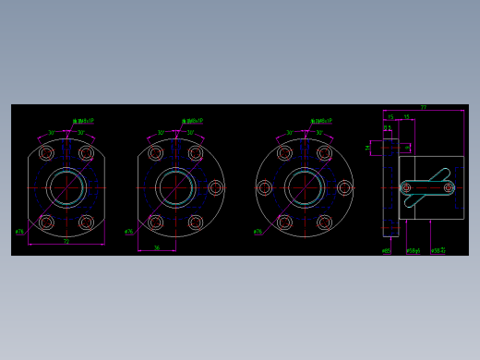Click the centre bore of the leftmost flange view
point(66,187)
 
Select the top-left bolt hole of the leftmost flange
point(46,153)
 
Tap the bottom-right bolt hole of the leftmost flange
point(87,222)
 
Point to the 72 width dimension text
point(66,242)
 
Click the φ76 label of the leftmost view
point(19,232)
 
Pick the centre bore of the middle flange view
point(175,187)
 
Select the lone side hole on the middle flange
point(216,188)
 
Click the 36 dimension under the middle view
point(157,247)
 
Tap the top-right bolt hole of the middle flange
point(196,153)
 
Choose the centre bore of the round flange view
point(305,187)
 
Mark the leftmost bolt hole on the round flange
point(265,188)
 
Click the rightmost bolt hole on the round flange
point(344,188)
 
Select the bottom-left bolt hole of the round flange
point(284,222)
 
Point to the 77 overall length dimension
point(424,108)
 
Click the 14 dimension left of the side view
point(367,147)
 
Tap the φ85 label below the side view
point(386,250)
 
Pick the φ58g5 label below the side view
point(414,250)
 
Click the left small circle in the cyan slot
point(406,187)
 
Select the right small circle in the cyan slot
point(449,187)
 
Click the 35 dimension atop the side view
point(406,117)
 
